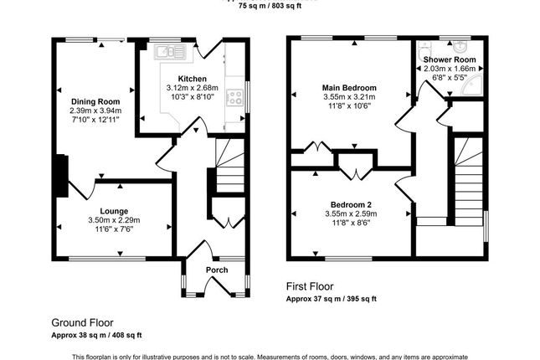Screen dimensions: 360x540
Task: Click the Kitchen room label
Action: [x=192, y=77]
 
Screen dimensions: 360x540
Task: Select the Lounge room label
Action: [x=114, y=210]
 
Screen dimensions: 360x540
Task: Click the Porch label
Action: [x=217, y=270]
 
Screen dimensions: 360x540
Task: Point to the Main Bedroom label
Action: [x=349, y=87]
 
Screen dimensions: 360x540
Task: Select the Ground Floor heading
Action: [x=82, y=321]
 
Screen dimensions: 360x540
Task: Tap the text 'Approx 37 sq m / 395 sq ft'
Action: [x=332, y=298]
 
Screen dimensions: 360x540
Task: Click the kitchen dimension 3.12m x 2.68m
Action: [x=192, y=87]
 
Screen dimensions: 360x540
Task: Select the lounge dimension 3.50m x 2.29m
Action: [x=114, y=219]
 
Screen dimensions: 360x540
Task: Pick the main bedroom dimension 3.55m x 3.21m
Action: [x=349, y=96]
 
